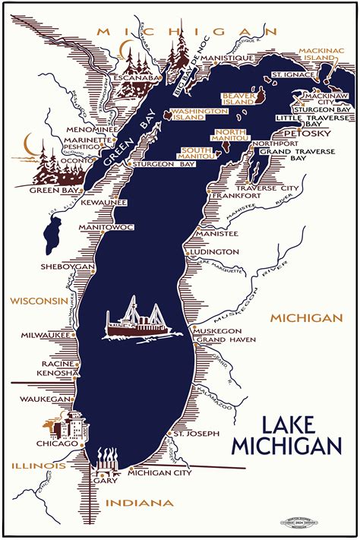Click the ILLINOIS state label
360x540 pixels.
point(38,466)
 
